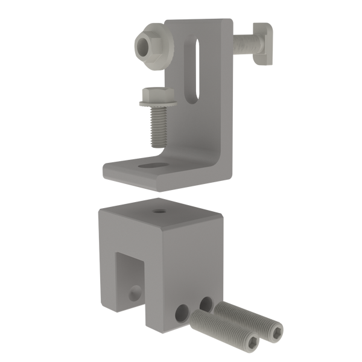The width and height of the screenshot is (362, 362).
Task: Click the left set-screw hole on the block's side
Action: click(x=181, y=313)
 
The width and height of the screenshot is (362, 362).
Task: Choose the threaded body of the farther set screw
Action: click(x=247, y=316)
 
